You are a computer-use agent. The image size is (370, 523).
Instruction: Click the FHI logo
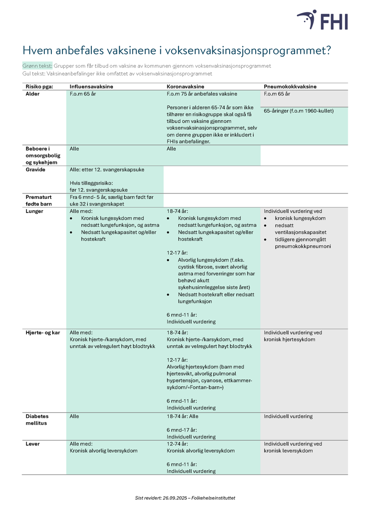(322, 20)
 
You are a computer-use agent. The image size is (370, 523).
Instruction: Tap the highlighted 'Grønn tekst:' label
(37, 66)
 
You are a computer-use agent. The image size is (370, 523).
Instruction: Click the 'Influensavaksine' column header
(91, 87)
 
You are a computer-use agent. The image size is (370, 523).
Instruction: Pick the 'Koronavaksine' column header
(185, 87)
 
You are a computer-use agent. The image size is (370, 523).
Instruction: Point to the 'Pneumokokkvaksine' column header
(290, 87)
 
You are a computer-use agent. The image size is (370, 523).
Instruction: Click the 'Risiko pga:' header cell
(39, 87)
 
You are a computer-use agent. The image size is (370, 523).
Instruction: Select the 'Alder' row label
(32, 94)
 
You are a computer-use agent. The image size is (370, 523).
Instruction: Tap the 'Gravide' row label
(35, 170)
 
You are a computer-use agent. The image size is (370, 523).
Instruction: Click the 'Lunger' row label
(34, 211)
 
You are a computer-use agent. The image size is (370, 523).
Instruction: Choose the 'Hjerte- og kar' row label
(43, 333)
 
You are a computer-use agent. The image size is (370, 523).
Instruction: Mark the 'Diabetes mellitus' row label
(37, 420)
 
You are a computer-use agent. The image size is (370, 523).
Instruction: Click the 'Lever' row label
(32, 444)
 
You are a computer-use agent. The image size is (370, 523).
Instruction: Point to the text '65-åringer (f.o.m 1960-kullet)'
(299, 111)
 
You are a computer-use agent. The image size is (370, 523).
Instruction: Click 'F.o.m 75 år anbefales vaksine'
(202, 94)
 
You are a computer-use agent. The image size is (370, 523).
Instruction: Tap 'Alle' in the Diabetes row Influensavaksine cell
(74, 416)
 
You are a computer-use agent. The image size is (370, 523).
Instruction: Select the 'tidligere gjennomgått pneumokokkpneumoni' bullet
(302, 243)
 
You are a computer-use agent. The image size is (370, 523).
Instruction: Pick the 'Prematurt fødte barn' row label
(39, 201)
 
